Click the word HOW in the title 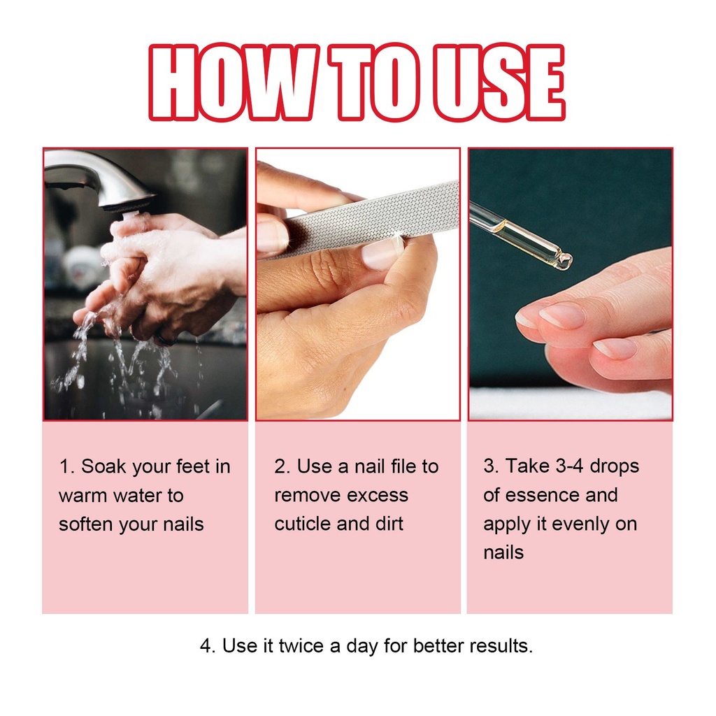pos(234,83)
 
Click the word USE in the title pos(498,83)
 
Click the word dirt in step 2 pos(389,524)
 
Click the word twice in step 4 pos(302,645)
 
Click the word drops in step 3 pos(615,466)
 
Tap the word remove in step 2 pos(301,496)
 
